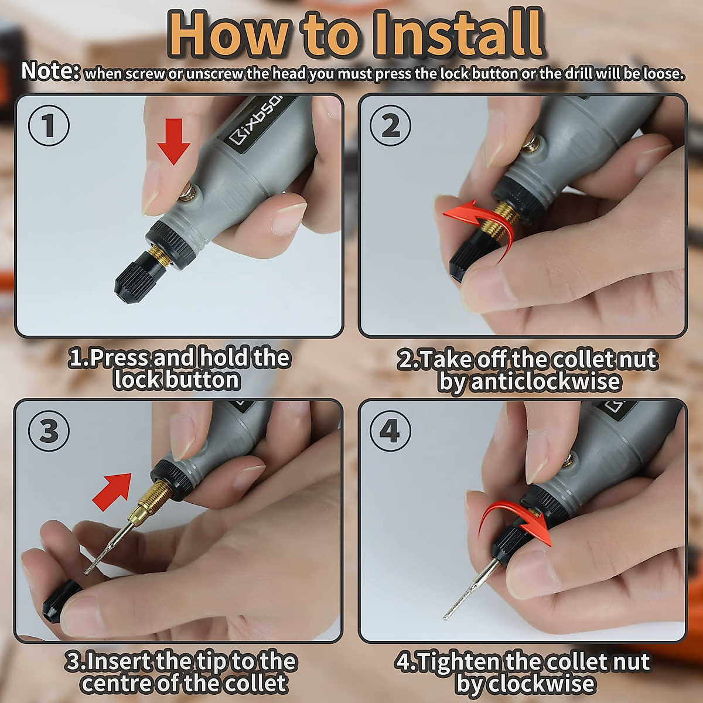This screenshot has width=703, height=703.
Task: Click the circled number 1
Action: click(x=49, y=125)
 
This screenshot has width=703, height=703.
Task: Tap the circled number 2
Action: click(x=390, y=125)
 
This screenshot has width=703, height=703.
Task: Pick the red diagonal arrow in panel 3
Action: click(x=112, y=491)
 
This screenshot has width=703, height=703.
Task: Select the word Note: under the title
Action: click(x=50, y=71)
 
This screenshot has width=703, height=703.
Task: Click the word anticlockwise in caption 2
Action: click(x=529, y=381)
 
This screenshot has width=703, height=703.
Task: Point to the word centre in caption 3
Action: click(x=118, y=683)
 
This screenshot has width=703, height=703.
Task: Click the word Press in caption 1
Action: click(x=119, y=359)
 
